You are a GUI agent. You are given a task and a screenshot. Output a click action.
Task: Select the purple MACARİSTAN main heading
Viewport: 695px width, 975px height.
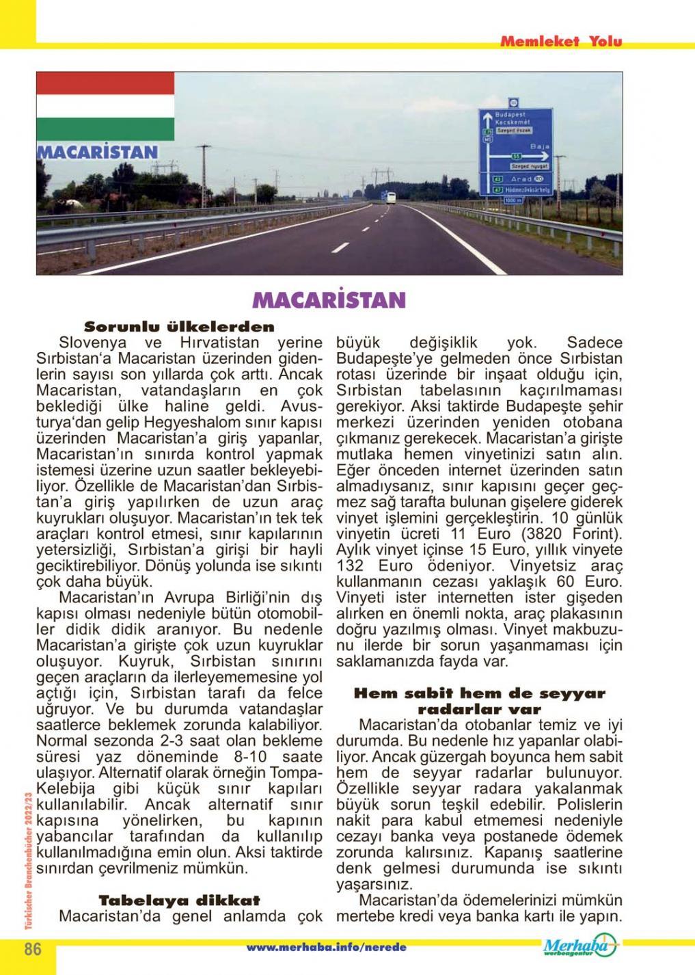click(x=329, y=299)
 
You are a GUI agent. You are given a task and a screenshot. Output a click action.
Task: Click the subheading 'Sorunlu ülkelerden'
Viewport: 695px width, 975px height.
click(x=179, y=327)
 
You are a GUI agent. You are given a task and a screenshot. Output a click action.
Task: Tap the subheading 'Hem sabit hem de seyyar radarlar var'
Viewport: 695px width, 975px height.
click(x=479, y=701)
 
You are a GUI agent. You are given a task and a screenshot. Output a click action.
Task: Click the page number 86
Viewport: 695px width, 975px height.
click(x=33, y=950)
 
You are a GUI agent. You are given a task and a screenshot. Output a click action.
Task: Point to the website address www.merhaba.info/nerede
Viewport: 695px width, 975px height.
click(x=327, y=948)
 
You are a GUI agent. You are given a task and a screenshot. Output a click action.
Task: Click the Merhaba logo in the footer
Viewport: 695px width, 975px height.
click(x=580, y=946)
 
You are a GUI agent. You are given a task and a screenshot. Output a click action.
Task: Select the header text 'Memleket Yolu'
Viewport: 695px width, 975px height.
click(x=561, y=42)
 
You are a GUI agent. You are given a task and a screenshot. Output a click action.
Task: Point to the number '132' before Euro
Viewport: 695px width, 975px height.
click(x=355, y=566)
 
